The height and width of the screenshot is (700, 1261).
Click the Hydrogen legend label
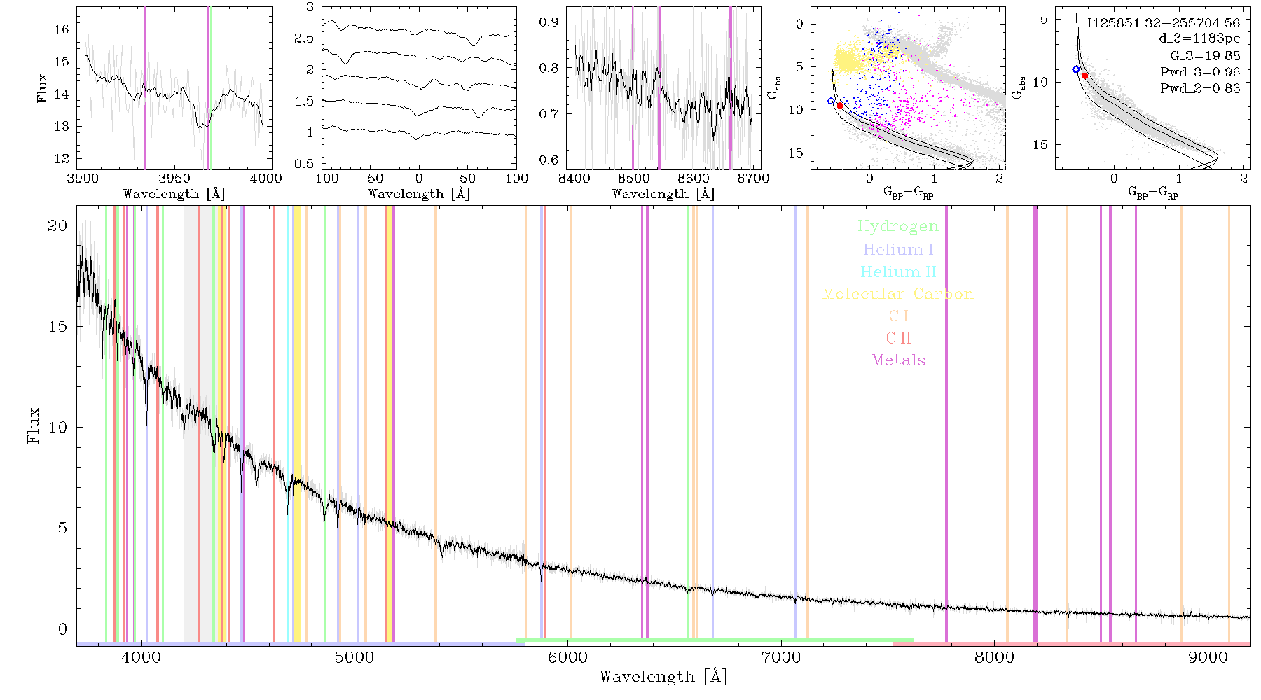(x=897, y=226)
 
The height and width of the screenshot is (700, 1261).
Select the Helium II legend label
(x=898, y=272)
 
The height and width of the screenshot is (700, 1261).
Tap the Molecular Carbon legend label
(x=898, y=294)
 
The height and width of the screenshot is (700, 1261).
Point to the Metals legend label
(x=898, y=360)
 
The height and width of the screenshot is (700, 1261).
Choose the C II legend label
(x=898, y=338)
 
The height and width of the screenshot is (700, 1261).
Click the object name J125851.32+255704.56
(x=1163, y=22)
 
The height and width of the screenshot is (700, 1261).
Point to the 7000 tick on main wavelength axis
(x=780, y=657)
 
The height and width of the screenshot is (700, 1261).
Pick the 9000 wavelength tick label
(x=1208, y=657)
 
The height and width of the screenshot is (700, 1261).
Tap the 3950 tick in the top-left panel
(x=174, y=178)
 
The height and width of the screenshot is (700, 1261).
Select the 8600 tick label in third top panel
(x=694, y=178)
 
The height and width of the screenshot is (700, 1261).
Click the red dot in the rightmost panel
(x=1084, y=76)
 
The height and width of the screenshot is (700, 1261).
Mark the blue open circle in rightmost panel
(x=1076, y=69)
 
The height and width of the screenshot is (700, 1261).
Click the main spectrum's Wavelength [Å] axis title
(x=663, y=677)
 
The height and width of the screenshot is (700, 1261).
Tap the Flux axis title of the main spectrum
(x=33, y=426)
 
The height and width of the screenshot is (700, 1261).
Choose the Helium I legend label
(x=898, y=249)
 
